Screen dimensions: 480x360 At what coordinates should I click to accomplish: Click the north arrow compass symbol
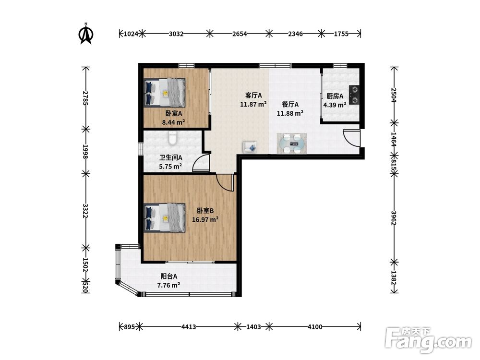(86, 34)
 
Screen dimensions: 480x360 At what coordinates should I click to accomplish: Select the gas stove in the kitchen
(354, 95)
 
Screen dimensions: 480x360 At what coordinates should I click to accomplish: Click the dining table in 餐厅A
(291, 143)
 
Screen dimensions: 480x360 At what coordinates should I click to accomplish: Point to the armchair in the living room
(250, 147)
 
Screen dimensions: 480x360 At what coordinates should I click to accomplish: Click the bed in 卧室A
(165, 93)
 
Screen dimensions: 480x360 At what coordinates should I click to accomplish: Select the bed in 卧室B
(165, 217)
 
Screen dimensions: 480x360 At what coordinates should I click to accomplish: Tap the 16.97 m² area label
(205, 219)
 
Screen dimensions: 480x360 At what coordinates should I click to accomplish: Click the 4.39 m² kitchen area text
(335, 105)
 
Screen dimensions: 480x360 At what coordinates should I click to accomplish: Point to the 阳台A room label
(169, 276)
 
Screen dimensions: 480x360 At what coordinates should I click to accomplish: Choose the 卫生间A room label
(170, 157)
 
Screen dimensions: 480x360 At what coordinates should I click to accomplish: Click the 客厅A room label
(253, 96)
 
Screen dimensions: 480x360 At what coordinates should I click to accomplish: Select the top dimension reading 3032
(176, 34)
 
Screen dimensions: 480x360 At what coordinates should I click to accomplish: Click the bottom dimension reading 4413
(189, 327)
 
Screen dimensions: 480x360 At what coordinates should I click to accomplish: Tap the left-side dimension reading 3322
(85, 211)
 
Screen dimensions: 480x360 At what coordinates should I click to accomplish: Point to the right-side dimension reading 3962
(394, 218)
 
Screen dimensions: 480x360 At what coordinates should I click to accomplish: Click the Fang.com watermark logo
(428, 340)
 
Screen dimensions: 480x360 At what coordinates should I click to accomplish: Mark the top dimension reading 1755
(341, 34)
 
